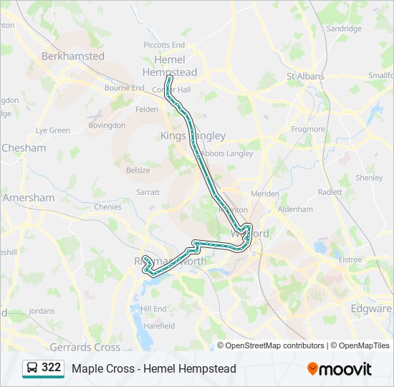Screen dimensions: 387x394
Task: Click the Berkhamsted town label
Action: [x=73, y=56]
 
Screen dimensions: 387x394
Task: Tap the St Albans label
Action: [x=305, y=76]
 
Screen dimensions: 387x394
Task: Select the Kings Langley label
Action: [x=193, y=135]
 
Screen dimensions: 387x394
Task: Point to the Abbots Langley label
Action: [x=226, y=153]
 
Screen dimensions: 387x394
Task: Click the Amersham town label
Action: [x=29, y=198]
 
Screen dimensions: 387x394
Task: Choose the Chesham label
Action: [x=24, y=148]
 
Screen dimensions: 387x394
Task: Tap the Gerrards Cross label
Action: [x=85, y=347]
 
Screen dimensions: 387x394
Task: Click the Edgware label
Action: [x=371, y=309]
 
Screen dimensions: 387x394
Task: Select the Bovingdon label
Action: [x=106, y=125]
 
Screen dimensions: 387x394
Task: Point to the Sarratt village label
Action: [x=148, y=193]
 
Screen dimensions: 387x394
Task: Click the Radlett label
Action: [x=330, y=192]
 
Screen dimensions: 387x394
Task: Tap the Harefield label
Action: [x=159, y=325]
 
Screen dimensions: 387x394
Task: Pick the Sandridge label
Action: [x=344, y=29]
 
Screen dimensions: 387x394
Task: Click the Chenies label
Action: [x=107, y=207]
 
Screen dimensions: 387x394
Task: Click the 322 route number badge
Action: [x=51, y=368]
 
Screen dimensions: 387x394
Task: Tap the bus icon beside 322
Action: [x=32, y=368]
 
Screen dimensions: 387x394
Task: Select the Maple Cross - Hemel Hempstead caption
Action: [x=153, y=368]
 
